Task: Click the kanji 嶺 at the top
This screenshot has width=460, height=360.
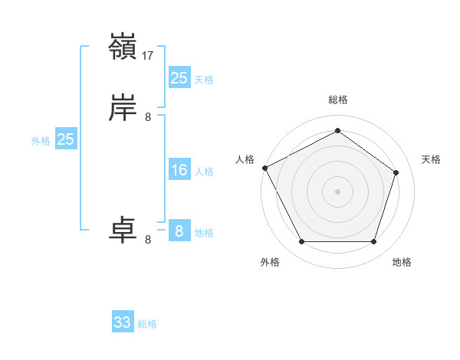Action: (123, 47)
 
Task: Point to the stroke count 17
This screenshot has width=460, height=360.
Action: (148, 56)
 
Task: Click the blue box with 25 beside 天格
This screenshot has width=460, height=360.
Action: (179, 77)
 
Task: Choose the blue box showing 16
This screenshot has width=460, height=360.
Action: (179, 170)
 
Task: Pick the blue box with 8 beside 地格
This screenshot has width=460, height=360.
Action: (179, 231)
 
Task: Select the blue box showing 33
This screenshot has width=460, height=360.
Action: (123, 322)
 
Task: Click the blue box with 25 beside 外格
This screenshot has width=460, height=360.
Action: (65, 139)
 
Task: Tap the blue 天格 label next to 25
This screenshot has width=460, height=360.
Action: (204, 80)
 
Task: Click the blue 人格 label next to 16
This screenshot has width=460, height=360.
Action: (204, 172)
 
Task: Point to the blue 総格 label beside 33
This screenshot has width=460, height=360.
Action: (147, 325)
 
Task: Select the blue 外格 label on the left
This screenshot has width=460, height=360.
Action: (41, 141)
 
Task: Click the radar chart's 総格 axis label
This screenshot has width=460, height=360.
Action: (337, 100)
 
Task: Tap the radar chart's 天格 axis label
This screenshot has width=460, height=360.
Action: (431, 159)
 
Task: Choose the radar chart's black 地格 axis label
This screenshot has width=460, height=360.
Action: (402, 262)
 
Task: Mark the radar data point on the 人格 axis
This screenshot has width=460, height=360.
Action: (264, 167)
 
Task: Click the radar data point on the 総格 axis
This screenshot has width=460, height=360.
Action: (337, 131)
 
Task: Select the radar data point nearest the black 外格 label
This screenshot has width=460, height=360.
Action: (301, 242)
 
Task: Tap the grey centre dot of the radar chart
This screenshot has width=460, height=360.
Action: (337, 191)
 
